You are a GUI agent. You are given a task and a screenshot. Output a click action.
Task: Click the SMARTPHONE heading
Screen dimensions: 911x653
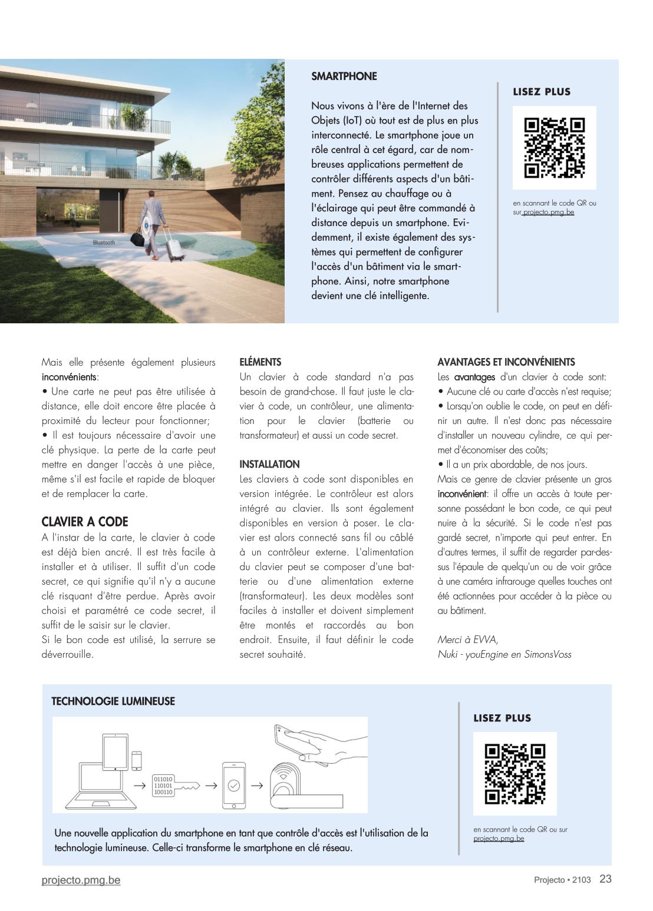[x=344, y=76]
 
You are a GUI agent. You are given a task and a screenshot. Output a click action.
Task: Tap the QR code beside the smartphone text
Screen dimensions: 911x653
[x=554, y=148]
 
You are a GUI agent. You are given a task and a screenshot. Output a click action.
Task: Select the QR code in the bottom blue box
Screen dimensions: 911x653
[x=515, y=774]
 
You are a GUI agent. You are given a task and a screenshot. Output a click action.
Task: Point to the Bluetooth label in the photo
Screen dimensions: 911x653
[x=104, y=243]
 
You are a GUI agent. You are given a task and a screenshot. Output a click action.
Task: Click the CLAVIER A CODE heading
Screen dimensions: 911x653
[x=84, y=522]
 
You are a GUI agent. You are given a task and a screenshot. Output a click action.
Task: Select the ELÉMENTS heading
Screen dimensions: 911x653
[x=260, y=362]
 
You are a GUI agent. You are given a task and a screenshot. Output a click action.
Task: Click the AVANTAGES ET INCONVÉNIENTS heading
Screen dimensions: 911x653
[x=506, y=362]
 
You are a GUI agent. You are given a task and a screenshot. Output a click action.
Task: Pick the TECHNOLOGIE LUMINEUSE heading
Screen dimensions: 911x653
[x=113, y=701]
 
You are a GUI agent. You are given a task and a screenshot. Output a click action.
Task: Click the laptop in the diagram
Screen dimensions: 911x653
[x=101, y=787]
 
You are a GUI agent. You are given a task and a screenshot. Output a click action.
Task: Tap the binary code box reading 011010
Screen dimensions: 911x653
[x=163, y=785]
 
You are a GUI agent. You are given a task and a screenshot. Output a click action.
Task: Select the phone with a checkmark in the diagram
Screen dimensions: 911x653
[x=233, y=785]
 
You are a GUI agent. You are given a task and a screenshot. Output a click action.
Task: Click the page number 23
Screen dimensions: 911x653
[x=605, y=879]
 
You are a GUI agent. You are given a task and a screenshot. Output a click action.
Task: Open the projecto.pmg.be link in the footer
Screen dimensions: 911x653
[x=81, y=880]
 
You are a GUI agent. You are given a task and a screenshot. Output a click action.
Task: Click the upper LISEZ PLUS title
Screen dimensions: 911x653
[x=542, y=92]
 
